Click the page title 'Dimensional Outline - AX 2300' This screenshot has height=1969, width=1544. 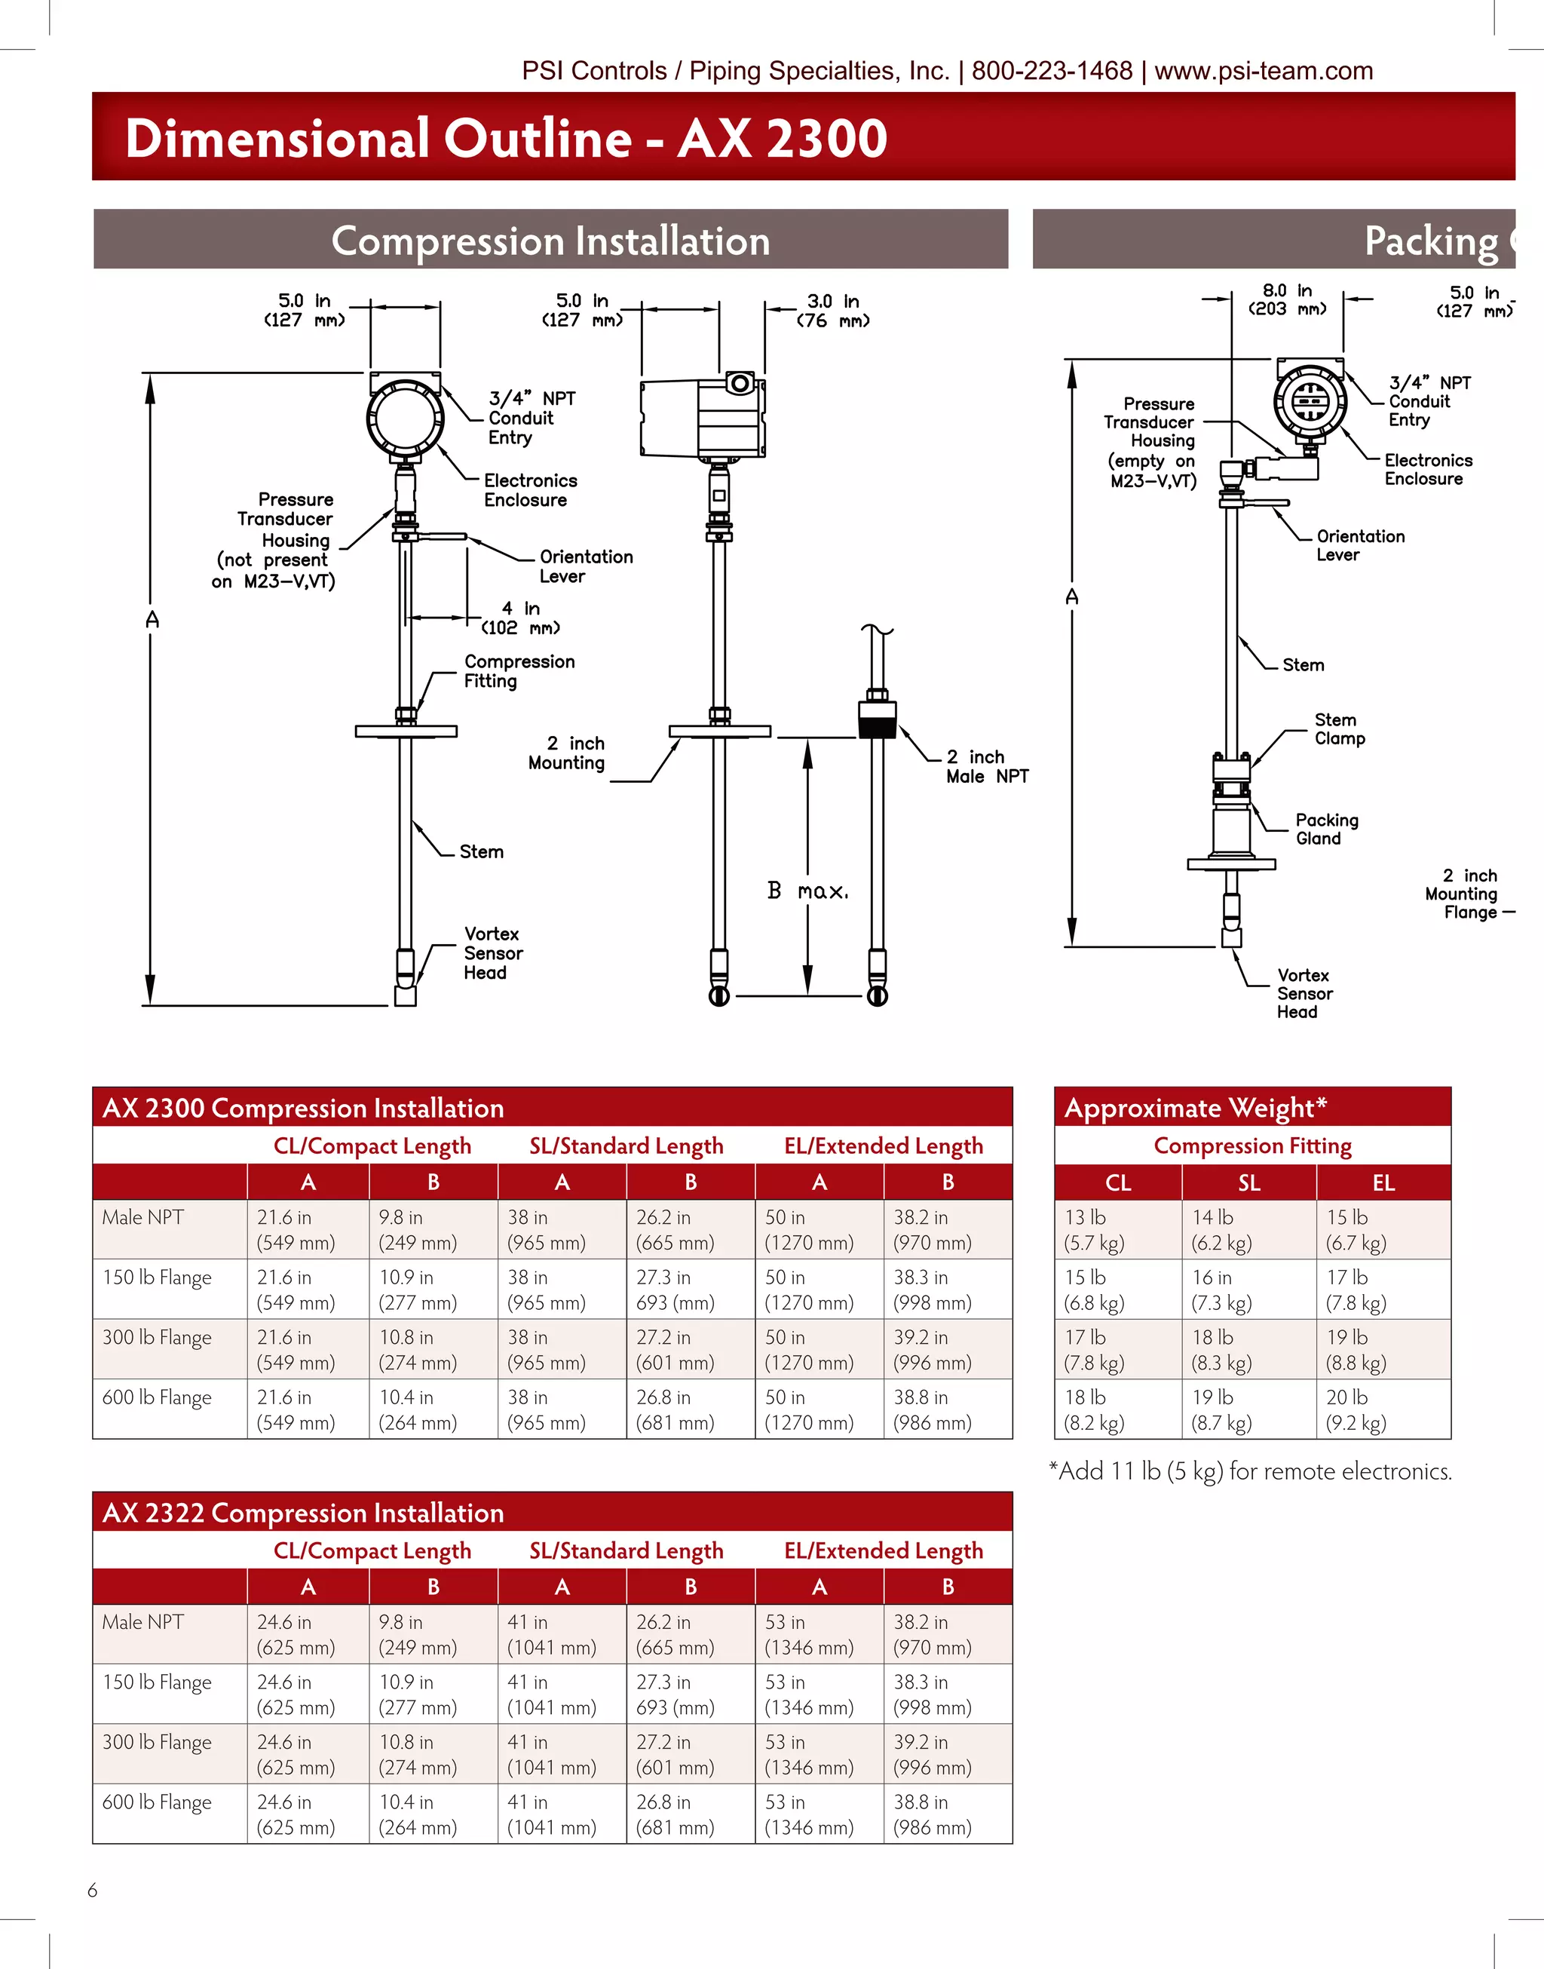point(505,138)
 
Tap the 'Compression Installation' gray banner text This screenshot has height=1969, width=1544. point(550,241)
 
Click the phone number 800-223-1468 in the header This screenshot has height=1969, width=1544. point(1052,71)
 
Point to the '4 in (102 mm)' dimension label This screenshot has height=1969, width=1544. point(521,618)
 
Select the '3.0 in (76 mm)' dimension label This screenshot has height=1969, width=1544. point(832,310)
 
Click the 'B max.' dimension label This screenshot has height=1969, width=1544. point(807,891)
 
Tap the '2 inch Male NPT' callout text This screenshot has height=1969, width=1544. point(986,767)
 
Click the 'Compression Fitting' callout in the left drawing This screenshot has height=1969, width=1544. point(519,671)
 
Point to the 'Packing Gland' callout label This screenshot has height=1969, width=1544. point(1326,829)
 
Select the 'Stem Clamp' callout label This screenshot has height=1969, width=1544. point(1339,728)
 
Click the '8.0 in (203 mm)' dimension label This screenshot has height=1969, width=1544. point(1286,299)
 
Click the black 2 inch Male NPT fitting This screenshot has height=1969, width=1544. point(877,719)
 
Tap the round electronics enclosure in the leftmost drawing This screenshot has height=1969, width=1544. point(405,417)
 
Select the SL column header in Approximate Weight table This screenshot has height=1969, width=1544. point(1248,1182)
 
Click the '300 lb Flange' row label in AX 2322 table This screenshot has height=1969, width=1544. point(158,1742)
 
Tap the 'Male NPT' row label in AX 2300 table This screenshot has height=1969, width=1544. point(142,1218)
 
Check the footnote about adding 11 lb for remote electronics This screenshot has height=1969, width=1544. point(1249,1471)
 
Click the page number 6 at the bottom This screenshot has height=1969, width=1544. point(92,1890)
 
